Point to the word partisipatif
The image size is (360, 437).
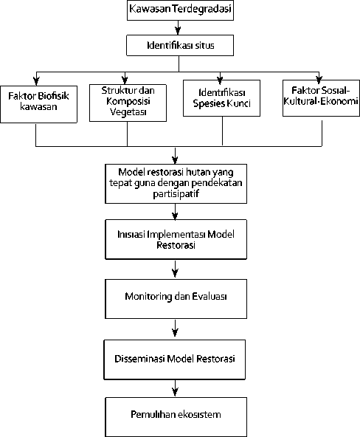point(176,193)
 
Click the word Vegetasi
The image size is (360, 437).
point(128,112)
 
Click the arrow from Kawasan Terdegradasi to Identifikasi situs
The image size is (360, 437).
point(178,27)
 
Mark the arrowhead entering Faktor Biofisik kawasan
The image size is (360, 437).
point(36,81)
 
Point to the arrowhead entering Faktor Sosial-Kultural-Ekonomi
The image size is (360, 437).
point(319,80)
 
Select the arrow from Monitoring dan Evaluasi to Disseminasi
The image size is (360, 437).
point(175,328)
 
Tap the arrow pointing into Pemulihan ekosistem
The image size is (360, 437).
point(175,388)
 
